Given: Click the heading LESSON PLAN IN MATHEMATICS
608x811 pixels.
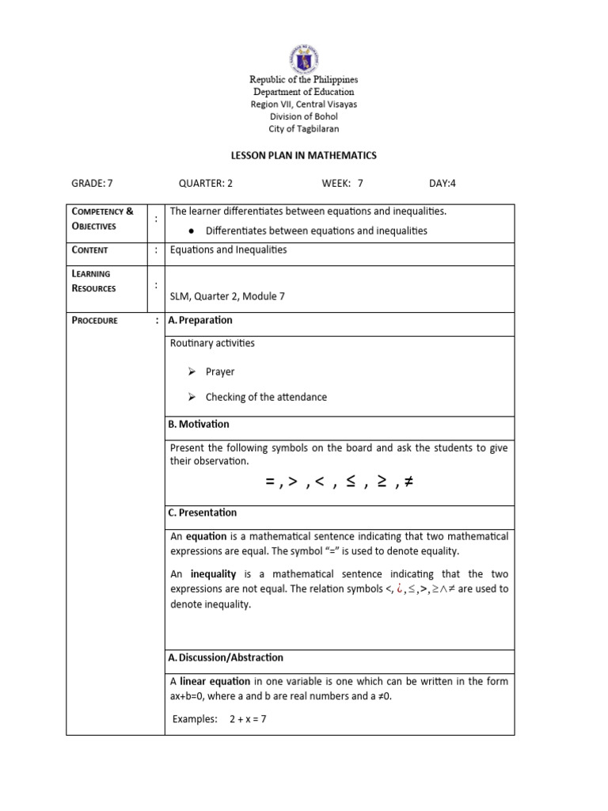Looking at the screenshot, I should pyautogui.click(x=303, y=155).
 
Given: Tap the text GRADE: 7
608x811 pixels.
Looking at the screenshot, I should pyautogui.click(x=93, y=183).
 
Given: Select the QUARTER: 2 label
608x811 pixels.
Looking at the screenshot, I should pyautogui.click(x=206, y=183).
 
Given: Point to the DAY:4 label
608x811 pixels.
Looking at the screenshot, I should pyautogui.click(x=443, y=183).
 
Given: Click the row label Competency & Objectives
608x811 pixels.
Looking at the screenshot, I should pyautogui.click(x=103, y=219).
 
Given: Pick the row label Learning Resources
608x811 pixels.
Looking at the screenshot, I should pyautogui.click(x=93, y=280).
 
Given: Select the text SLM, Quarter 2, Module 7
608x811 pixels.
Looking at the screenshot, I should pyautogui.click(x=227, y=295).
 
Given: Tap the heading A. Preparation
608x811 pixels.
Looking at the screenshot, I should pyautogui.click(x=200, y=320).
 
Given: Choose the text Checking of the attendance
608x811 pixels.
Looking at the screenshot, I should pyautogui.click(x=266, y=397).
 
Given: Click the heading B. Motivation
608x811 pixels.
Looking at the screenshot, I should pyautogui.click(x=199, y=425).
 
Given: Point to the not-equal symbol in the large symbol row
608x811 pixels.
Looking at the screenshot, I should pyautogui.click(x=408, y=482).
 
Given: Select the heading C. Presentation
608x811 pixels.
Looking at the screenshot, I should pyautogui.click(x=203, y=512).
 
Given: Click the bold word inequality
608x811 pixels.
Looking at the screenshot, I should pyautogui.click(x=214, y=573).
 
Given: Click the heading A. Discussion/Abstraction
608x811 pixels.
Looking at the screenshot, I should pyautogui.click(x=226, y=657).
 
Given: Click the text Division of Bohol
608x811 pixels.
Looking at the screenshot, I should pyautogui.click(x=303, y=116).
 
